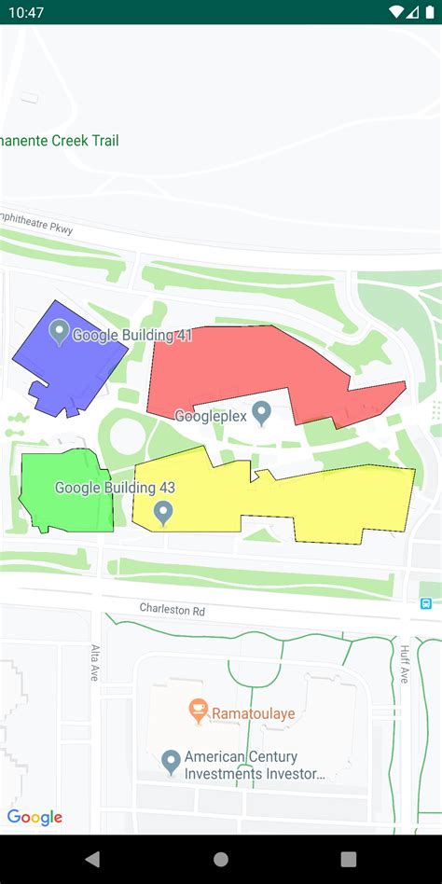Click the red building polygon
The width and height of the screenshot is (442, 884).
233,368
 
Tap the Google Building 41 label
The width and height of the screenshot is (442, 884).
132,336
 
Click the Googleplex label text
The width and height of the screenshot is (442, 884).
211,416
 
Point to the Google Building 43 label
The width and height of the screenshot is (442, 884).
115,487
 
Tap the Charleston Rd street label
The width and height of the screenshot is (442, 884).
172,608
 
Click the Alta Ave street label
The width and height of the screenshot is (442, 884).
95,662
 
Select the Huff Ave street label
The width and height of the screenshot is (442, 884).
405,664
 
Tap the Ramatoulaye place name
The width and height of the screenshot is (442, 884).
254,713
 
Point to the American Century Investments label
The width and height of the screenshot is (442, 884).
255,766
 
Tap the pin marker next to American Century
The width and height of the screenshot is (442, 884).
171,762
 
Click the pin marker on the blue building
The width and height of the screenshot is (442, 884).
59,331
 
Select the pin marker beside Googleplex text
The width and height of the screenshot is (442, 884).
262,412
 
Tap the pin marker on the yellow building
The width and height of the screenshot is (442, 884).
163,512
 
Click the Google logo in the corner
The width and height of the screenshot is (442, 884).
35,818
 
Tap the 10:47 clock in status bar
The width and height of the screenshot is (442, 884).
28,12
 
